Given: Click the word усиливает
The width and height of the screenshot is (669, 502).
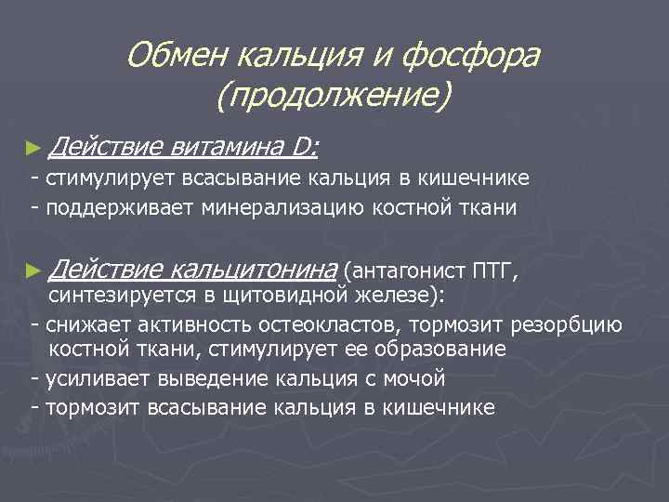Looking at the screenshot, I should click(92, 378).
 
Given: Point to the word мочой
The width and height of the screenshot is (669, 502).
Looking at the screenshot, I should click(414, 378).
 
